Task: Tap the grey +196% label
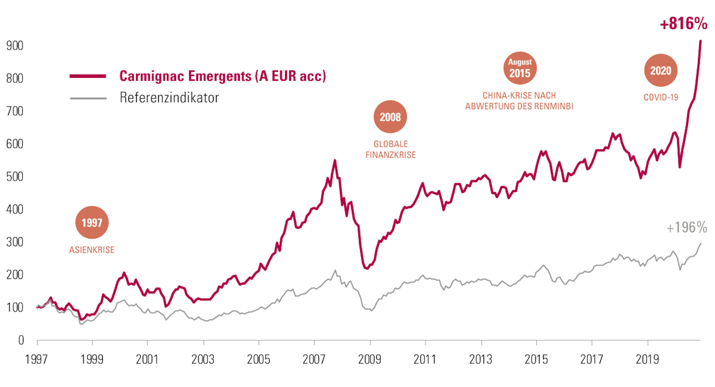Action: [x=687, y=228]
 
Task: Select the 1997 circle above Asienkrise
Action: [x=92, y=223]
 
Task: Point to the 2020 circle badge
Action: [x=661, y=71]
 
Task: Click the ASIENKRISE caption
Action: [x=92, y=250]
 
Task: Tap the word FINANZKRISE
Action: [x=390, y=155]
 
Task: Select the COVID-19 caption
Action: [x=661, y=97]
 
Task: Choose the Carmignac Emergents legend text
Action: [x=223, y=76]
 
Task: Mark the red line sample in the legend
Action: [x=88, y=76]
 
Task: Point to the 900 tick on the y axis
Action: [x=15, y=46]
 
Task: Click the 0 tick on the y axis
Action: [x=21, y=340]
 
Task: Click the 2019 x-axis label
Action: [x=647, y=359]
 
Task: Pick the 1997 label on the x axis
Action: [x=36, y=359]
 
